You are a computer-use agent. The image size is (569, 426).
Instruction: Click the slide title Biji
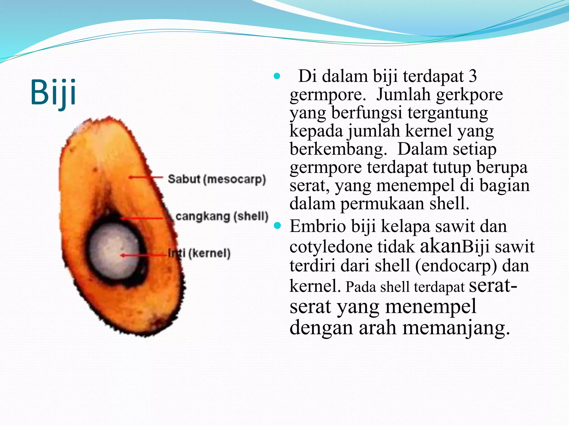(x=53, y=92)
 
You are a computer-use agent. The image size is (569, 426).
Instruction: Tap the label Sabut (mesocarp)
(x=217, y=179)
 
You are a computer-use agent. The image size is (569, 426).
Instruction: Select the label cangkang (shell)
(x=222, y=216)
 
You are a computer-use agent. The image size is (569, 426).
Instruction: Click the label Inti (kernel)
(x=199, y=253)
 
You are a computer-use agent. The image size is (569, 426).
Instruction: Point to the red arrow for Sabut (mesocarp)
(x=146, y=177)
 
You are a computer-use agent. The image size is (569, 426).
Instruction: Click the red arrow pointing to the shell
(x=144, y=218)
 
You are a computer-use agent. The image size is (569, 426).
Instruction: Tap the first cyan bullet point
(x=277, y=76)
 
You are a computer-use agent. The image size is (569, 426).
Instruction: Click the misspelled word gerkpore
(x=469, y=95)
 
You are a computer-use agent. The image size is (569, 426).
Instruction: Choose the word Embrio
(x=318, y=226)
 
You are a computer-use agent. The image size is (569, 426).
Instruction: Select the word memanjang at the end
(x=456, y=328)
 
